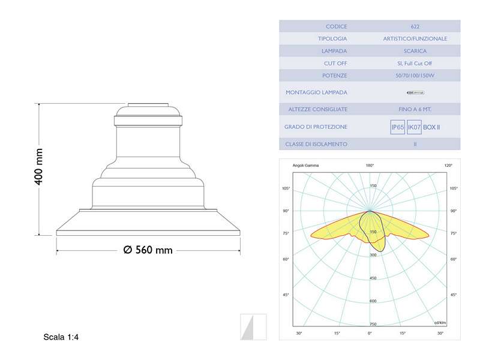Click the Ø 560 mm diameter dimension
point(148,250)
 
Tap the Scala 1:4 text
point(61,337)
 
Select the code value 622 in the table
point(415,27)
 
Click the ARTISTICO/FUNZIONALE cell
point(415,39)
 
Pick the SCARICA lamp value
point(415,51)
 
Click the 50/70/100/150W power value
point(415,76)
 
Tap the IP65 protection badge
point(397,127)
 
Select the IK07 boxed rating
point(413,127)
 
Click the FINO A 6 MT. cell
point(415,109)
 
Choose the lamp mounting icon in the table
point(415,92)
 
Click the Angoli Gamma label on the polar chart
point(305,165)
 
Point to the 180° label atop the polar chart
point(370,165)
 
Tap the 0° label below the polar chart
point(370,333)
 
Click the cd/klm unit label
point(441,323)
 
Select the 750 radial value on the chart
point(373,324)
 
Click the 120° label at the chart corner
point(448,165)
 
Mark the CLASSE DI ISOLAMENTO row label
point(316,145)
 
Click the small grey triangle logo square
point(253,326)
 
